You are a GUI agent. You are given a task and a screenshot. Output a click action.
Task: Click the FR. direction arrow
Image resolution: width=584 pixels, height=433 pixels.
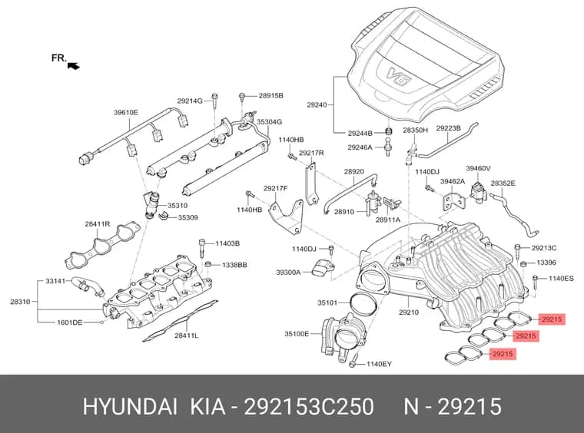[74, 66]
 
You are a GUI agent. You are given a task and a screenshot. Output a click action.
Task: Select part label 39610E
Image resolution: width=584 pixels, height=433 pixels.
[126, 112]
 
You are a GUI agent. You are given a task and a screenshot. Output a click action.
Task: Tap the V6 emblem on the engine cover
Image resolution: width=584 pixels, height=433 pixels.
[399, 76]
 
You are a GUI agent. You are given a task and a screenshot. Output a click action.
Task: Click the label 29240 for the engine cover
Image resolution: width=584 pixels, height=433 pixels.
[317, 105]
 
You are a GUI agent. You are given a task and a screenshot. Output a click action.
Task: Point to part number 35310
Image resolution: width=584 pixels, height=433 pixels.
[178, 205]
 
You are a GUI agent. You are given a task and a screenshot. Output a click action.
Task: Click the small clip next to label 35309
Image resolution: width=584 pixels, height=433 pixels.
[164, 216]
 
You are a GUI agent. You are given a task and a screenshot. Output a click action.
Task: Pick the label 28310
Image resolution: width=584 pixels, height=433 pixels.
[20, 302]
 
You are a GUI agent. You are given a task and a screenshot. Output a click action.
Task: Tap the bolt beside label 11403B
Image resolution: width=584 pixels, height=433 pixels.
[202, 247]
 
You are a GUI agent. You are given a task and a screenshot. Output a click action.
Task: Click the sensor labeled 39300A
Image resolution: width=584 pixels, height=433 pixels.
[323, 269]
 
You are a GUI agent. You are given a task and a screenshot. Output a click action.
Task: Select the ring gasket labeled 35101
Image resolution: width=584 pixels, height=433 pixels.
[364, 303]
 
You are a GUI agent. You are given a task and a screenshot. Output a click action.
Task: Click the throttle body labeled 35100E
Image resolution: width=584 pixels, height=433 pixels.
[343, 338]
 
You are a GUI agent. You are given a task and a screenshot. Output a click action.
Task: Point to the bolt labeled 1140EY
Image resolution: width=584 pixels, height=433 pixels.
[353, 361]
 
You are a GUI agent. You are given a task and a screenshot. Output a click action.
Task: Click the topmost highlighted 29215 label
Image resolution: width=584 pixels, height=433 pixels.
[552, 319]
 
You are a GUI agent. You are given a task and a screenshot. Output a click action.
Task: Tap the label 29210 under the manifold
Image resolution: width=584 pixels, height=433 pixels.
[409, 312]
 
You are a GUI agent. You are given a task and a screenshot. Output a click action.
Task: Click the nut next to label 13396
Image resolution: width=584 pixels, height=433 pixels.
[523, 264]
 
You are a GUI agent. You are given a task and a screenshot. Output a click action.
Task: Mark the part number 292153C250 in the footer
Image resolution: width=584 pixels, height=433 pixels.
[308, 406]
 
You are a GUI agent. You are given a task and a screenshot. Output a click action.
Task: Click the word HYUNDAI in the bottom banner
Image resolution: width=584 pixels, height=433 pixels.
[130, 406]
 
